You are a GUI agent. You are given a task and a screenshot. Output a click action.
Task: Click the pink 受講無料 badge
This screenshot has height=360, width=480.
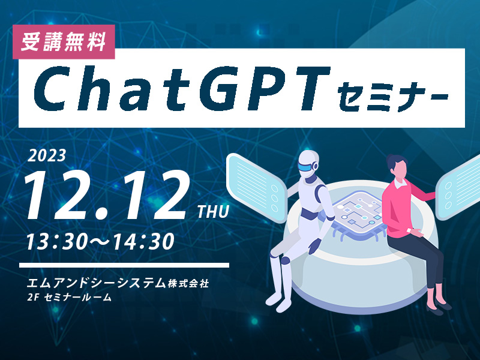[x=64, y=41]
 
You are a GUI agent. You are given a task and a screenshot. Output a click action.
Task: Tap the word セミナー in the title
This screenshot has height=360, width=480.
[x=394, y=95]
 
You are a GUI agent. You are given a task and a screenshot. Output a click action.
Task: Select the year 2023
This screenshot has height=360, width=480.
[x=47, y=156]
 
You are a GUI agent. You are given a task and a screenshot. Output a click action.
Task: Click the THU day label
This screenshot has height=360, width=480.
[x=213, y=212]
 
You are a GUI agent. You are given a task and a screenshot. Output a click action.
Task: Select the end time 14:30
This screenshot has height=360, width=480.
[x=143, y=241]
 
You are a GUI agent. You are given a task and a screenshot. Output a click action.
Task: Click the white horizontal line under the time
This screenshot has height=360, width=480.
[x=124, y=265]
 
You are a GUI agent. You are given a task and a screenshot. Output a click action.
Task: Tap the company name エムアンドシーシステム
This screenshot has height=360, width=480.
[x=96, y=283]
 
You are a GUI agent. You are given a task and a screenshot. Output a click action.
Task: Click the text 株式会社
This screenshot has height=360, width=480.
[x=188, y=284]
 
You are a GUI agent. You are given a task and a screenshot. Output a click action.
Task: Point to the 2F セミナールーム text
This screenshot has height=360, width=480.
[x=69, y=297]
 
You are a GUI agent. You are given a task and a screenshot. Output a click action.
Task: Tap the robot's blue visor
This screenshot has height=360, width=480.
[x=308, y=167]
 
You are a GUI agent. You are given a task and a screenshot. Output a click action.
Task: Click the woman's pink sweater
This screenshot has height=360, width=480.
[x=403, y=209]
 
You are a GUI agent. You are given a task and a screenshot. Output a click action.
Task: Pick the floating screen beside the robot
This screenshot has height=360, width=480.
[x=257, y=187]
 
